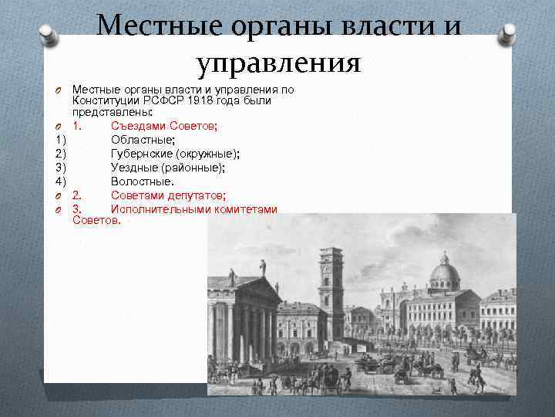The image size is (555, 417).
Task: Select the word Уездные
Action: (136, 168)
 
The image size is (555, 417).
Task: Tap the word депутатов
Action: (194, 195)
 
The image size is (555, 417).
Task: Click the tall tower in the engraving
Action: (331, 286)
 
